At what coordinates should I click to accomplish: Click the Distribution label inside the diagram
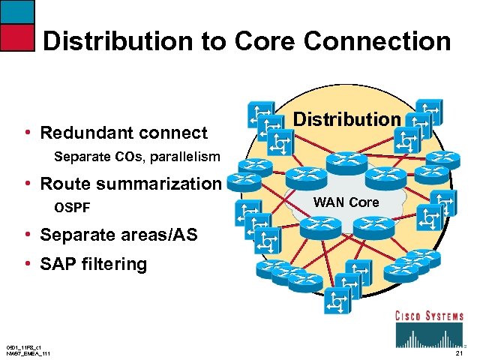point(346,119)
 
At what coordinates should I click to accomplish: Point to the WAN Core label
point(346,202)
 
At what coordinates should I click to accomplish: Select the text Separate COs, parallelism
point(137,157)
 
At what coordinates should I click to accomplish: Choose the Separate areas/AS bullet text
point(118,235)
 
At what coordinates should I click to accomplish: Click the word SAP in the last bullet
point(57,264)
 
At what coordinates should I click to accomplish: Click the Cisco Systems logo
point(429,328)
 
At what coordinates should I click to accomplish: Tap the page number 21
point(459,352)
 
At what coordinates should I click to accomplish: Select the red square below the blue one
point(17,37)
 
